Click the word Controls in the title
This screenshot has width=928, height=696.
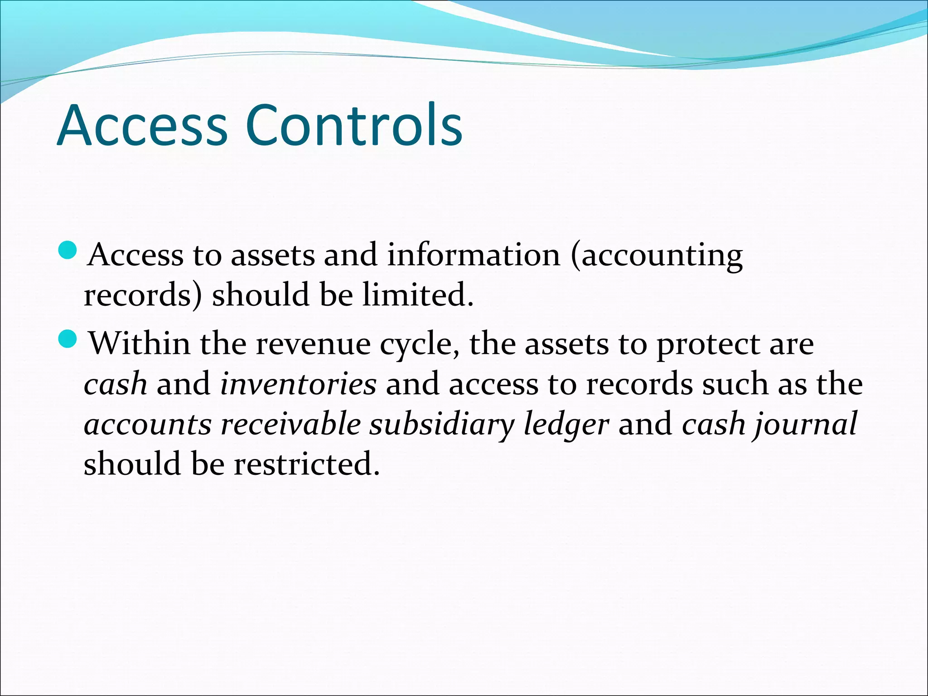pyautogui.click(x=354, y=125)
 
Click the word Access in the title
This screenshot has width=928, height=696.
pyautogui.click(x=142, y=125)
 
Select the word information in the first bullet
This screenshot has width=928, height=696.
pyautogui.click(x=474, y=255)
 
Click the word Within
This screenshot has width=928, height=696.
pyautogui.click(x=139, y=343)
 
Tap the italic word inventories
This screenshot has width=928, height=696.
pyautogui.click(x=298, y=384)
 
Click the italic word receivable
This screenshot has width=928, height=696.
pyautogui.click(x=290, y=424)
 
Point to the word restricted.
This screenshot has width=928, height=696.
pyautogui.click(x=306, y=464)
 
